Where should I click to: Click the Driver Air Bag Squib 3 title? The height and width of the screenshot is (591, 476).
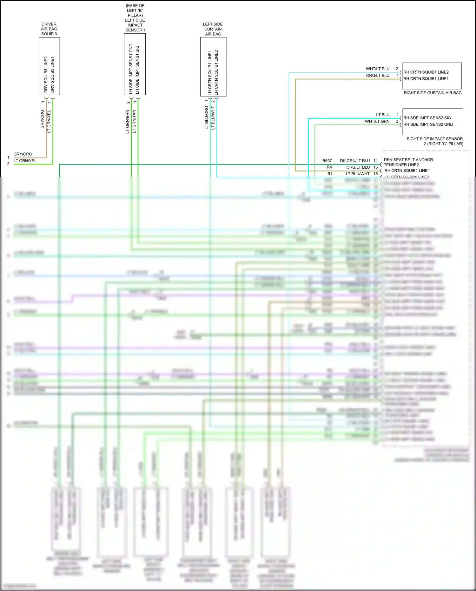[49, 29]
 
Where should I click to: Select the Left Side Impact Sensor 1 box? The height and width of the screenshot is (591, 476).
[135, 64]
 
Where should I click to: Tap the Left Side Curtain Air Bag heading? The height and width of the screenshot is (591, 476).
[213, 29]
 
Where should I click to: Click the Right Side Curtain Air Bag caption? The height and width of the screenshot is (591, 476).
[433, 93]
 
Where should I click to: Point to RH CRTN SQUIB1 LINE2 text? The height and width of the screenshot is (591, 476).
[426, 72]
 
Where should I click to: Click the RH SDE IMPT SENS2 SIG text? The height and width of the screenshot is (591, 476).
[427, 118]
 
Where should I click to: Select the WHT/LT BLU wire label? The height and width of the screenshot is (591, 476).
[377, 69]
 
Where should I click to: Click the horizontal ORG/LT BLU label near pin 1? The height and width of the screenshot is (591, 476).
[378, 76]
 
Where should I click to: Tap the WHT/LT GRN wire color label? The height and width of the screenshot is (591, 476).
[377, 121]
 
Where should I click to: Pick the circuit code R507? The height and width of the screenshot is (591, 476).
[327, 161]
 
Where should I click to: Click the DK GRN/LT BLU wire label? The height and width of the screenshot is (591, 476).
[355, 161]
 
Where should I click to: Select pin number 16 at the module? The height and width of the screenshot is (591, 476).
[375, 174]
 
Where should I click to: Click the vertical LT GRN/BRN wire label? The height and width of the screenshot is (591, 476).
[128, 121]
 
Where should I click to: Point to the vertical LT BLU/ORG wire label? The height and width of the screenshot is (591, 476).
[207, 118]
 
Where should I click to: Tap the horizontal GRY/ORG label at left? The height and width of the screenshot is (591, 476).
[23, 154]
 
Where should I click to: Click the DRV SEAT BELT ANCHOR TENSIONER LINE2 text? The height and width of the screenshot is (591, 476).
[408, 162]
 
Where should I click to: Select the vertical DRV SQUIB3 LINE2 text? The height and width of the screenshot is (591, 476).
[46, 75]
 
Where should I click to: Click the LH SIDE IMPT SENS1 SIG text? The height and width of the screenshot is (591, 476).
[137, 69]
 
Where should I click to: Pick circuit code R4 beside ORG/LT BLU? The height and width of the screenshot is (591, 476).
[329, 167]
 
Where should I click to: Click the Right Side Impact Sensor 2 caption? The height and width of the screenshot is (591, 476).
[434, 141]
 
